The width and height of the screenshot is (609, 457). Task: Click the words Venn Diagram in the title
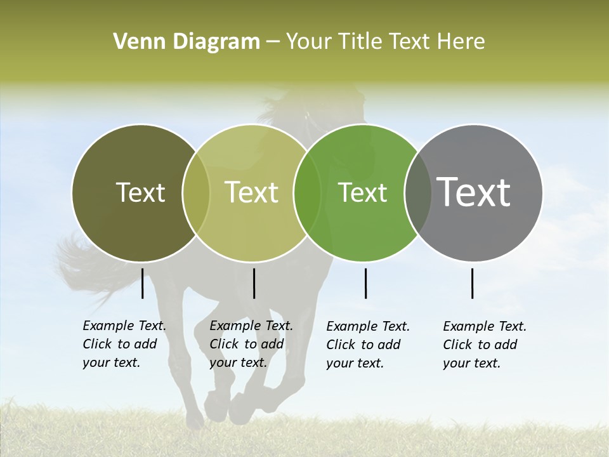[187, 42]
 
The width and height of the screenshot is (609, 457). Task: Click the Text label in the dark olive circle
[140, 192]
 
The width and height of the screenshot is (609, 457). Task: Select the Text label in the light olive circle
[251, 192]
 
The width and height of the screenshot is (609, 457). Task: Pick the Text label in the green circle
[362, 192]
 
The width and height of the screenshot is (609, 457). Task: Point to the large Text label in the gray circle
[474, 192]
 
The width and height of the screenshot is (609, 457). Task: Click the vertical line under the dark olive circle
[142, 283]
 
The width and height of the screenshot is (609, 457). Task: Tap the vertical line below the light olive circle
[254, 283]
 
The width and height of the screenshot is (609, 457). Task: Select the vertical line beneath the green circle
[365, 283]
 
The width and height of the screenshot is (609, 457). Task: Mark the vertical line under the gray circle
[472, 283]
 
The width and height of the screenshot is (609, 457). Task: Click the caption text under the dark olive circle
[124, 344]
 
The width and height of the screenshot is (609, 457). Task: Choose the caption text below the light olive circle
[251, 344]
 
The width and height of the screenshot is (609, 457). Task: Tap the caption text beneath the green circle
[367, 345]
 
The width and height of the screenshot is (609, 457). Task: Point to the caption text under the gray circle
[484, 345]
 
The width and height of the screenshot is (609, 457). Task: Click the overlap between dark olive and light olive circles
[196, 192]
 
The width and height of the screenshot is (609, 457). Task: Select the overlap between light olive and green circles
[307, 192]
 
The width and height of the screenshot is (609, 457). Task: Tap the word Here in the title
[462, 42]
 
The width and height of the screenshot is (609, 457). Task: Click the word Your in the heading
[310, 42]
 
